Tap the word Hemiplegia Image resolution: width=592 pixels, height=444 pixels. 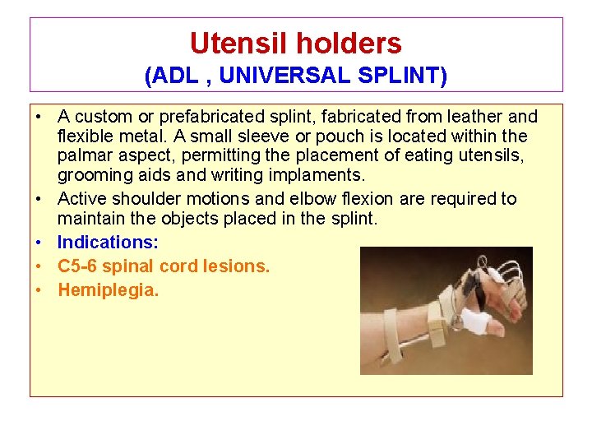coord(108,290)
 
